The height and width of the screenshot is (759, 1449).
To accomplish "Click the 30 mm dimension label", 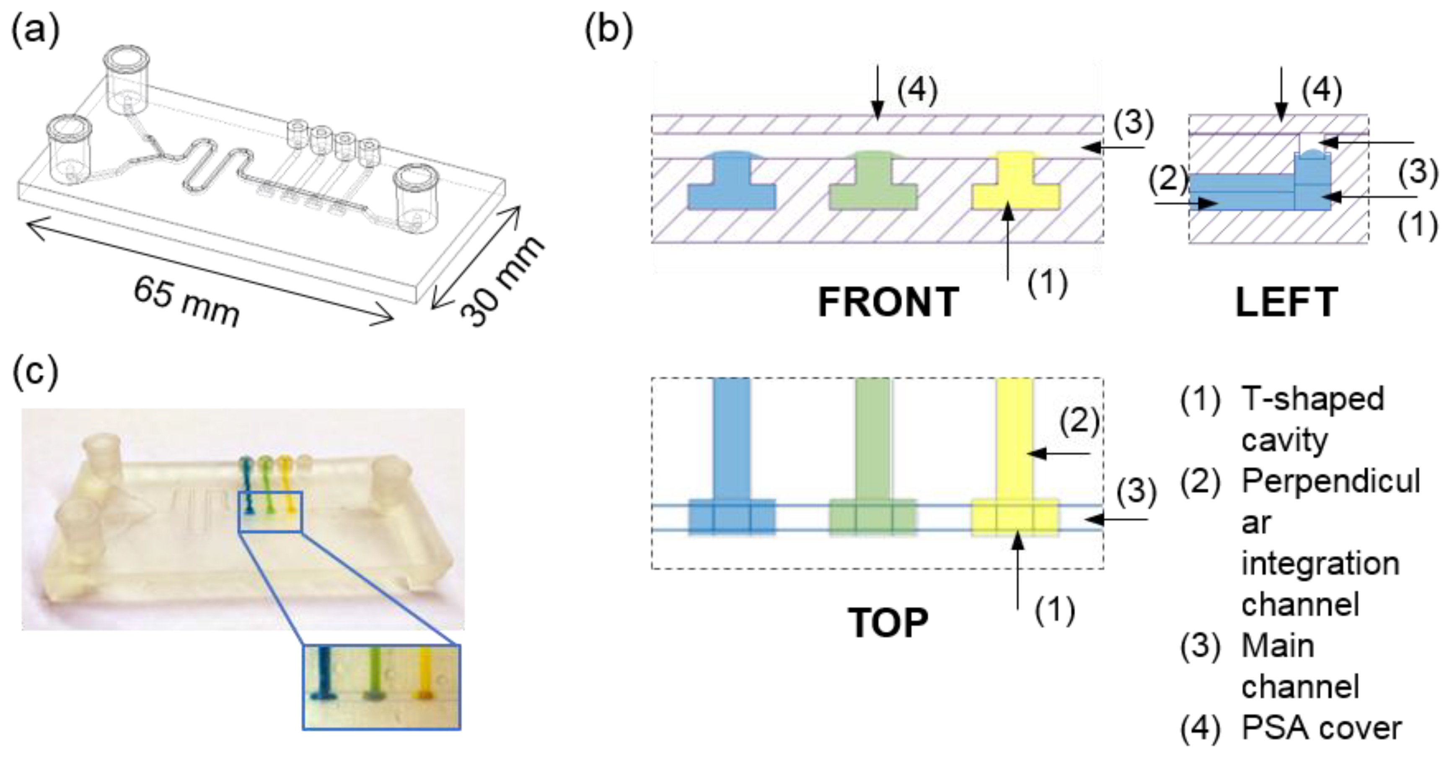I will [x=501, y=281].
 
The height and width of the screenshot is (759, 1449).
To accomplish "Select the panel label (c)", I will [x=35, y=372].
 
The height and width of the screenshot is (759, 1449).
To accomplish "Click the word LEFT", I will [x=1286, y=302].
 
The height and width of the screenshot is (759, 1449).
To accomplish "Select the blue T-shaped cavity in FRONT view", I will [x=731, y=188].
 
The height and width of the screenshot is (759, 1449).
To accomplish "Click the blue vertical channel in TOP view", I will [x=731, y=439].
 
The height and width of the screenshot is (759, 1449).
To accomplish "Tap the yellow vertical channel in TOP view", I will [x=1014, y=439].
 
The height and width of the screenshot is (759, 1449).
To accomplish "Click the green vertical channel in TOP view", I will [x=873, y=439].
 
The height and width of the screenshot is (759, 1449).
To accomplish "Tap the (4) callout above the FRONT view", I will [x=917, y=90].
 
